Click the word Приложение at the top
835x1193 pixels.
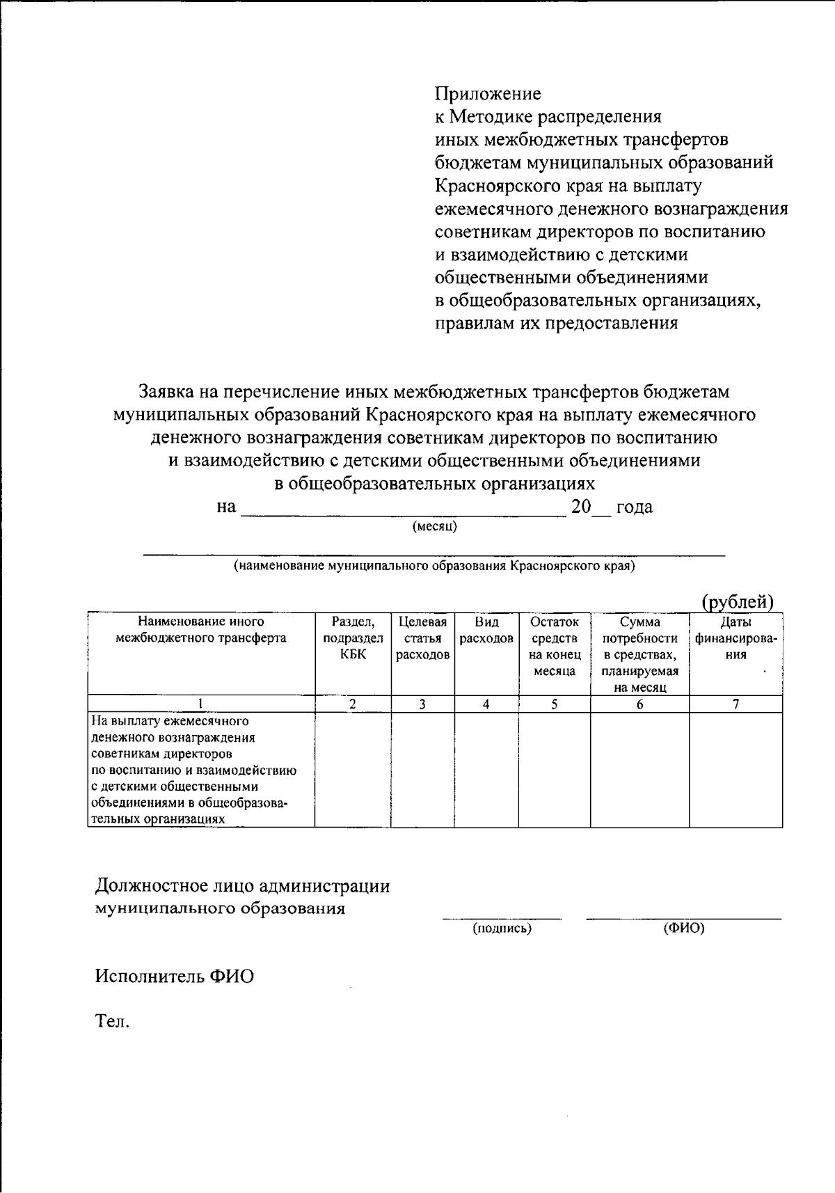(487, 93)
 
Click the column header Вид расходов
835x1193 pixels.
(486, 630)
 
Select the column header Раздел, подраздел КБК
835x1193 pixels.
(353, 638)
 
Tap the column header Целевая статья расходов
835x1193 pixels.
(422, 638)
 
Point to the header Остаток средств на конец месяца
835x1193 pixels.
(555, 646)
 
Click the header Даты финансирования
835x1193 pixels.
(735, 638)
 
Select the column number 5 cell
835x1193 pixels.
(555, 704)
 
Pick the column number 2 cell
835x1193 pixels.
(353, 704)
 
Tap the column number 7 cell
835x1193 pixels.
(735, 704)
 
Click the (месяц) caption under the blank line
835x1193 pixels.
(435, 526)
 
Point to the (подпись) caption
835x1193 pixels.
(502, 928)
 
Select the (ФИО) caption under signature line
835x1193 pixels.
(684, 928)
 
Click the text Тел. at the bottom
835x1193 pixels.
(112, 1021)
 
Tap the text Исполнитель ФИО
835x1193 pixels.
(174, 976)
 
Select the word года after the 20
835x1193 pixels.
(635, 507)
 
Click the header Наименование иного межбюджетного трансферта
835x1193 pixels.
(201, 630)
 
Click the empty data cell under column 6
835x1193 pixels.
(639, 769)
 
